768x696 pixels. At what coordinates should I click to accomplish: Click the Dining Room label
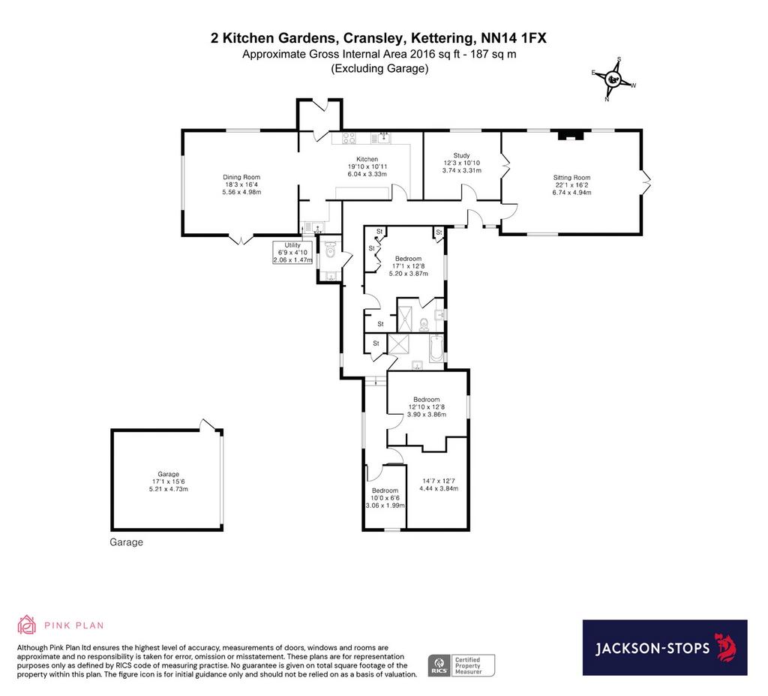click(241, 177)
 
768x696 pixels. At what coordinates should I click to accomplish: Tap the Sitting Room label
click(571, 178)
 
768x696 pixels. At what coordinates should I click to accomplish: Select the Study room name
click(461, 155)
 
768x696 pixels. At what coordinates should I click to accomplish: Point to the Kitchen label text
click(367, 159)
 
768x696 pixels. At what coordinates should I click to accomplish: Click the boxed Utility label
click(292, 253)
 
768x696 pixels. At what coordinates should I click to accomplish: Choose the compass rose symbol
click(613, 79)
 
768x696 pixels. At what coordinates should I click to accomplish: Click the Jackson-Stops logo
click(664, 647)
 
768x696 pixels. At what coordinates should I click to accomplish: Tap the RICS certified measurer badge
click(461, 666)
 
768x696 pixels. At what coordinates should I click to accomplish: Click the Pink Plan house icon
click(26, 625)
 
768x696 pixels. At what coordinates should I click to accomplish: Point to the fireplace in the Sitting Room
click(568, 135)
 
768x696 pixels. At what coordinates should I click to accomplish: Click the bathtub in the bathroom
click(436, 348)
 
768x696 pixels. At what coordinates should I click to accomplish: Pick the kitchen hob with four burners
click(349, 139)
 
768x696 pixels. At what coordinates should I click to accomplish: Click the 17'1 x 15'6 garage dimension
click(169, 481)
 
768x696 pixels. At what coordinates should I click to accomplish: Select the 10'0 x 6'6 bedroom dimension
click(385, 498)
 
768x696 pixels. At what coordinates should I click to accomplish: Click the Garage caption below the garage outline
click(126, 542)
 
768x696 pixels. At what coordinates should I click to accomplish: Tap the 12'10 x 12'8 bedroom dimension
click(427, 406)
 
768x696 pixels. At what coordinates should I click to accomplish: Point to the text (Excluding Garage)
click(379, 68)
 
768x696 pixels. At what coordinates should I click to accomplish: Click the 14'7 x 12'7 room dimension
click(438, 481)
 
